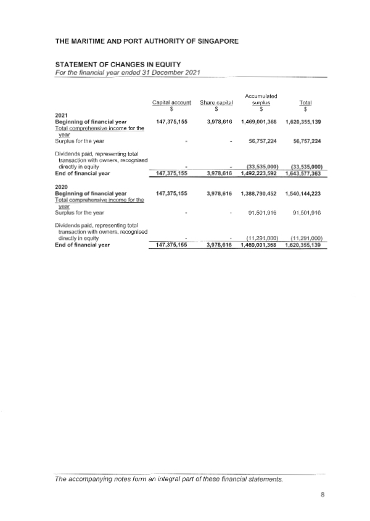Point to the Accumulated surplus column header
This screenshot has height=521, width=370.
pos(261,99)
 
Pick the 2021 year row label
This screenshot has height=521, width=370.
pos(62,115)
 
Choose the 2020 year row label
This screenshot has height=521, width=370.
pos(62,187)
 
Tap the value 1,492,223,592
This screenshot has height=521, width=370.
pos(261,173)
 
